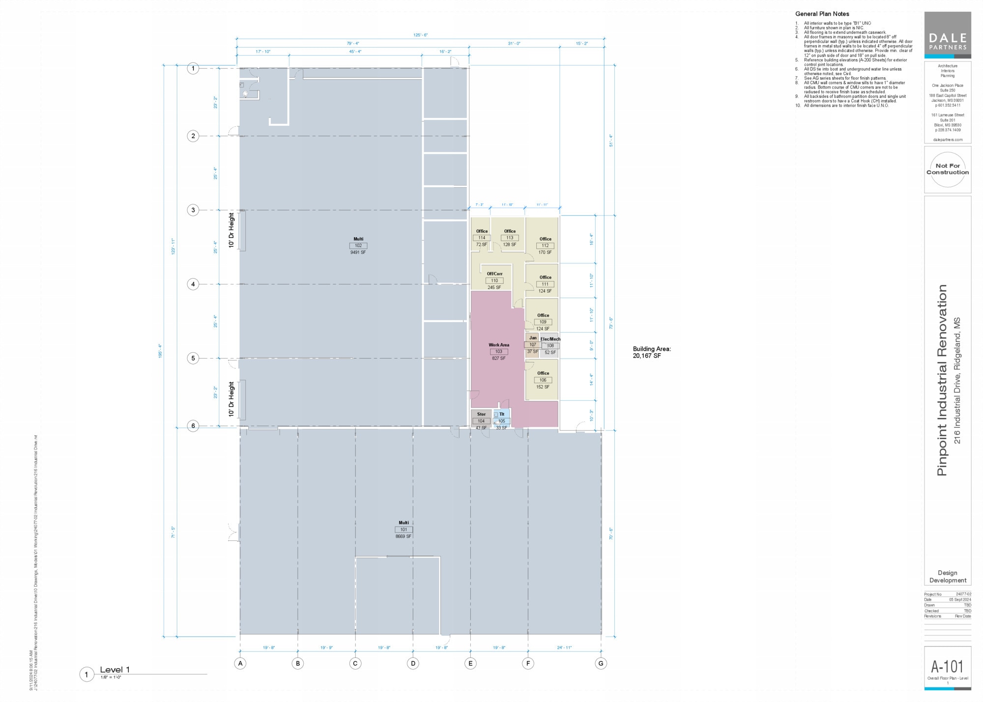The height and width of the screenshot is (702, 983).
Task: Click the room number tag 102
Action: pos(358,246)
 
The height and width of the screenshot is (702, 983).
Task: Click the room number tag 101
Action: pos(404,530)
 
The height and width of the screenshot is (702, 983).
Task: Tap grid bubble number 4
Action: pos(193,284)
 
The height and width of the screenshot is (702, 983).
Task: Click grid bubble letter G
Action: pos(601,663)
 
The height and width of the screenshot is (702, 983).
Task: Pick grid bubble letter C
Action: pos(355,663)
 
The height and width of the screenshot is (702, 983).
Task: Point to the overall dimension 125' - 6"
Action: pos(420,35)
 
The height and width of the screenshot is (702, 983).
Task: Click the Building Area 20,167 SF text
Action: pos(651,352)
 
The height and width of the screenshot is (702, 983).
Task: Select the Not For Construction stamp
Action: pos(948,169)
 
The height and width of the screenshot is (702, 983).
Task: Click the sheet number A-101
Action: pos(947,667)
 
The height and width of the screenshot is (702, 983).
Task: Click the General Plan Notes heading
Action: pos(822,14)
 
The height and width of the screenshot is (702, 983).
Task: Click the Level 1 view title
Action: pos(115,670)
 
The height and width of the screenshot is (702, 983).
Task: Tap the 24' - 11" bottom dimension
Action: pos(564,647)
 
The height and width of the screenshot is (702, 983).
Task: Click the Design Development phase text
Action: pos(947,576)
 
